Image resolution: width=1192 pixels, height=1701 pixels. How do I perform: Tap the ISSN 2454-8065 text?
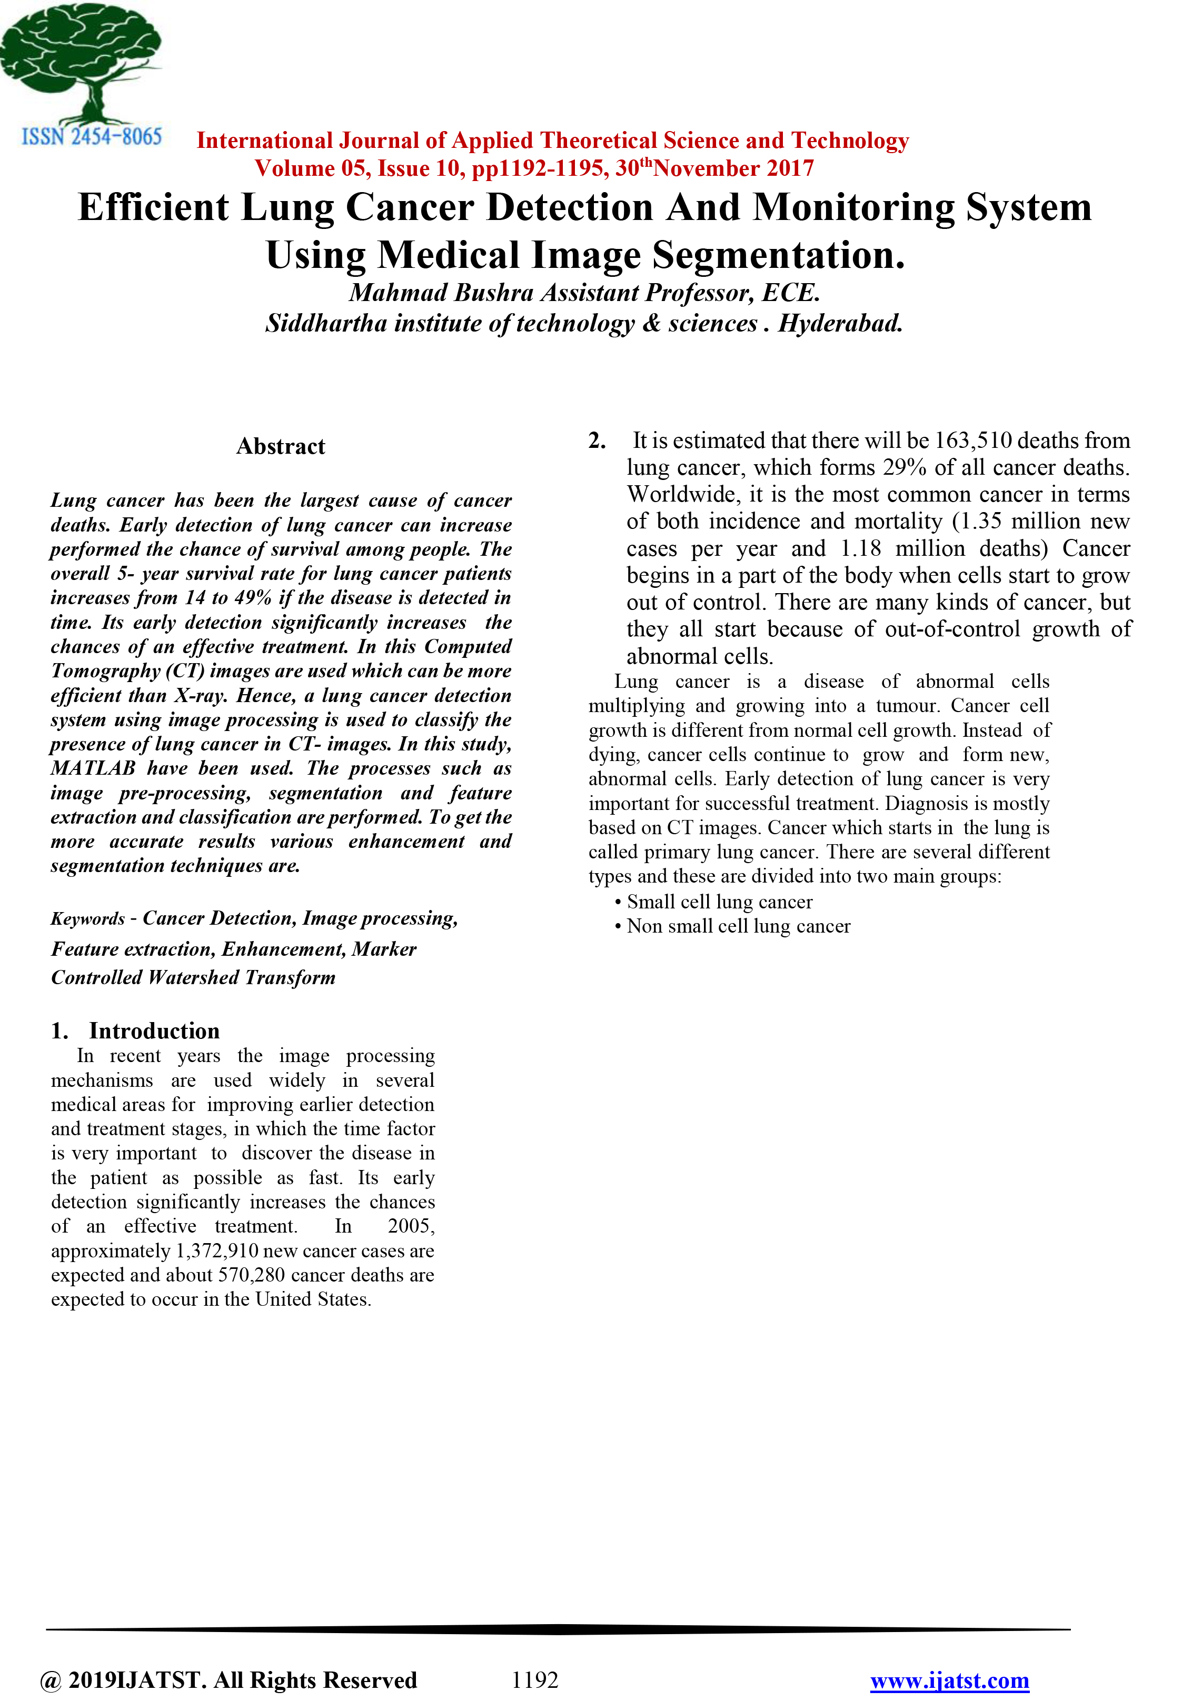point(91,137)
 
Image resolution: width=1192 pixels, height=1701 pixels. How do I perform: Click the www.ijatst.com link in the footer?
point(949,1680)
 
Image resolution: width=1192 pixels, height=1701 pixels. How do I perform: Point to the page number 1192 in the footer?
point(534,1679)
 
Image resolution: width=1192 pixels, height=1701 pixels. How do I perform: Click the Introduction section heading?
point(154,1030)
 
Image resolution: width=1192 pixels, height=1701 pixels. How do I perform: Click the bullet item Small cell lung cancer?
point(719,902)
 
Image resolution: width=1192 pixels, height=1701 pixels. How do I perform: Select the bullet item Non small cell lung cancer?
point(738,926)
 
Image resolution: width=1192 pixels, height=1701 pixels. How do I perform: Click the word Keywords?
point(87,919)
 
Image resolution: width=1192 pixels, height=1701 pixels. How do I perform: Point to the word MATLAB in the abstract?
point(93,768)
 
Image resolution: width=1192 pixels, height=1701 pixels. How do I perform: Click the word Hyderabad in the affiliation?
point(839,324)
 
